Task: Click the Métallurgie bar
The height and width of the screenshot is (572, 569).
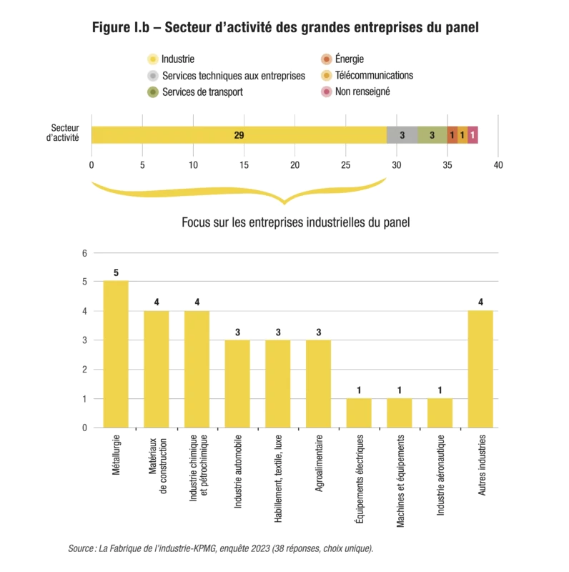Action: (x=116, y=354)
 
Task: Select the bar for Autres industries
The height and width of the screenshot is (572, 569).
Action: (x=480, y=369)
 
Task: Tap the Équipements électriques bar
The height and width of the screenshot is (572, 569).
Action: (x=359, y=413)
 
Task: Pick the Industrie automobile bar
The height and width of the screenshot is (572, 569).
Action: (x=237, y=383)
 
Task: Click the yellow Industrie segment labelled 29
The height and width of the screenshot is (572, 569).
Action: (x=239, y=134)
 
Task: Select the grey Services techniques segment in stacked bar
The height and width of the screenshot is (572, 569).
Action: (x=402, y=134)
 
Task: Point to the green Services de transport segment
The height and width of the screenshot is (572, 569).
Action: (x=432, y=134)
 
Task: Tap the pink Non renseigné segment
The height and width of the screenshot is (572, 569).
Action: (x=472, y=134)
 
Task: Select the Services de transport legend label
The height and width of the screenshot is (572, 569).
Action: (x=202, y=92)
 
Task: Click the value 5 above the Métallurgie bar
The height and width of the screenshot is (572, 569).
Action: (x=116, y=272)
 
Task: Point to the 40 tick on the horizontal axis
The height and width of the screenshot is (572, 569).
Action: (x=498, y=165)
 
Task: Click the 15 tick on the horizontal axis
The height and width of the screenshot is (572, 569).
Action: (x=244, y=165)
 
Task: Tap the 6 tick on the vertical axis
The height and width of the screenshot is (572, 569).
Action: (x=84, y=253)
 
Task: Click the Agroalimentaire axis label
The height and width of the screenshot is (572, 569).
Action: (x=319, y=465)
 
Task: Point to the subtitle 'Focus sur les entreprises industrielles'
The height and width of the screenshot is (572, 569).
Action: (x=295, y=222)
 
